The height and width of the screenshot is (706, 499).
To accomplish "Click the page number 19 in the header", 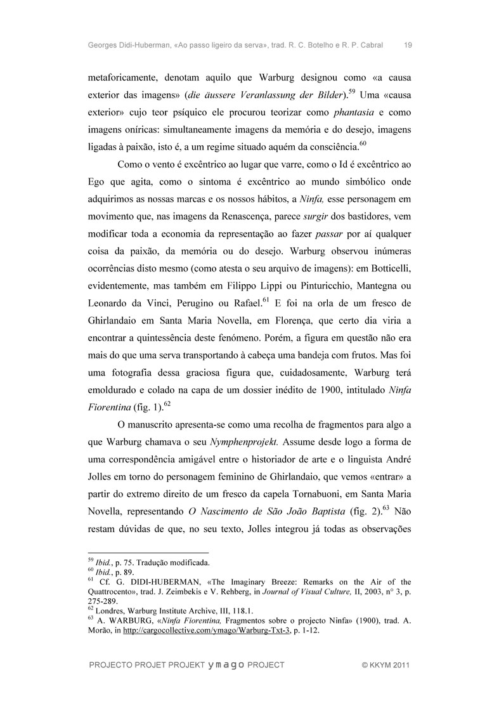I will [408, 45].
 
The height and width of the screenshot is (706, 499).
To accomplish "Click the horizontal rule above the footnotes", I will [147, 552].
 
